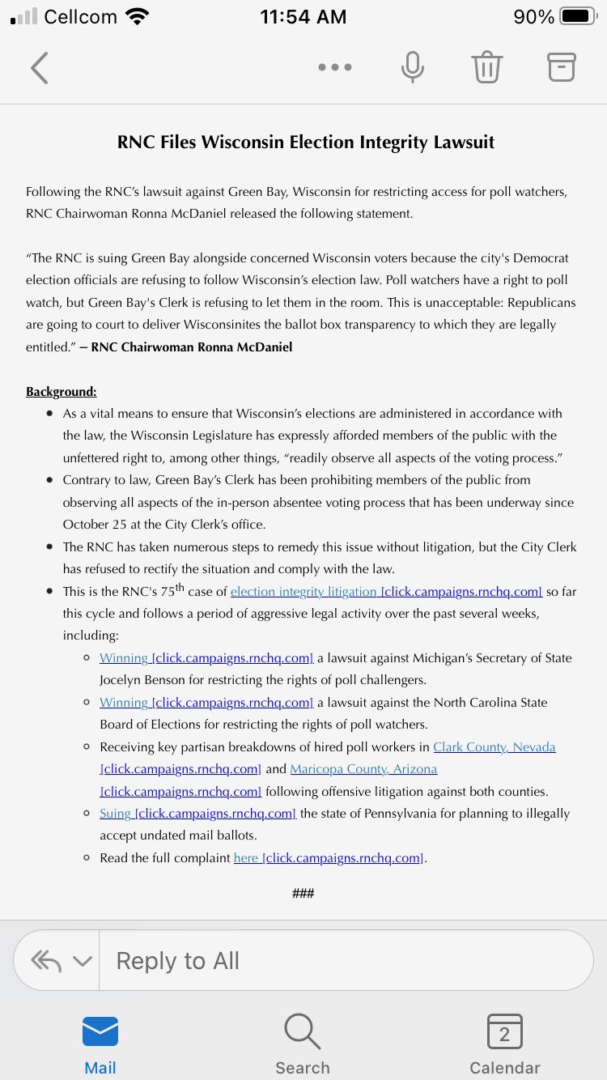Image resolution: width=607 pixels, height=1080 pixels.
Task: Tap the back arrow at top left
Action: pyautogui.click(x=39, y=68)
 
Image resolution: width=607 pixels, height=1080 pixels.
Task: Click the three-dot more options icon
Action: pyautogui.click(x=335, y=68)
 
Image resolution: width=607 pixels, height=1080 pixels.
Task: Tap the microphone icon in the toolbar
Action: pyautogui.click(x=412, y=67)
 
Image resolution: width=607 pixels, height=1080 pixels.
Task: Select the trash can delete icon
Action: pyautogui.click(x=487, y=67)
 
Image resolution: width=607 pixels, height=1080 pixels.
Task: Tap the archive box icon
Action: pyautogui.click(x=561, y=67)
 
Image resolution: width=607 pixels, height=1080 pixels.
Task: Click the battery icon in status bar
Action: pyautogui.click(x=577, y=16)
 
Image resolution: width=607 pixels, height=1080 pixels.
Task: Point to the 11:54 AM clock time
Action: pyautogui.click(x=303, y=17)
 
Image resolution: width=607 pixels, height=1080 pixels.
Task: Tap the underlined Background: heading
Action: pyautogui.click(x=62, y=392)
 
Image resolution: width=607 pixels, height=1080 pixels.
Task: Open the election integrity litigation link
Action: pyautogui.click(x=303, y=592)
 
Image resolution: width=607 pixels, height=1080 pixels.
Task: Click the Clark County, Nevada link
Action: pyautogui.click(x=495, y=746)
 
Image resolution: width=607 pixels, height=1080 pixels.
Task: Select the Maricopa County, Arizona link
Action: pyautogui.click(x=363, y=769)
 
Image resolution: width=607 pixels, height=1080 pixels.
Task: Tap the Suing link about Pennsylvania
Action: pyautogui.click(x=115, y=813)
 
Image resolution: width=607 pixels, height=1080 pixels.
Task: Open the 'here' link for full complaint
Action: pyautogui.click(x=246, y=857)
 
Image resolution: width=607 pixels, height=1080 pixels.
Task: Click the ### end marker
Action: pyautogui.click(x=303, y=893)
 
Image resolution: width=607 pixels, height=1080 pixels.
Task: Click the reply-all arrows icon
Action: pyautogui.click(x=46, y=961)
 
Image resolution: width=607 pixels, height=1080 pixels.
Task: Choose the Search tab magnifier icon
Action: pyautogui.click(x=303, y=1032)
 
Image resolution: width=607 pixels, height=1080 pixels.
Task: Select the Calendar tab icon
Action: pyautogui.click(x=505, y=1032)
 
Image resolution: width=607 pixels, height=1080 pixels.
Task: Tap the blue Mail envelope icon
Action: pyautogui.click(x=100, y=1032)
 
